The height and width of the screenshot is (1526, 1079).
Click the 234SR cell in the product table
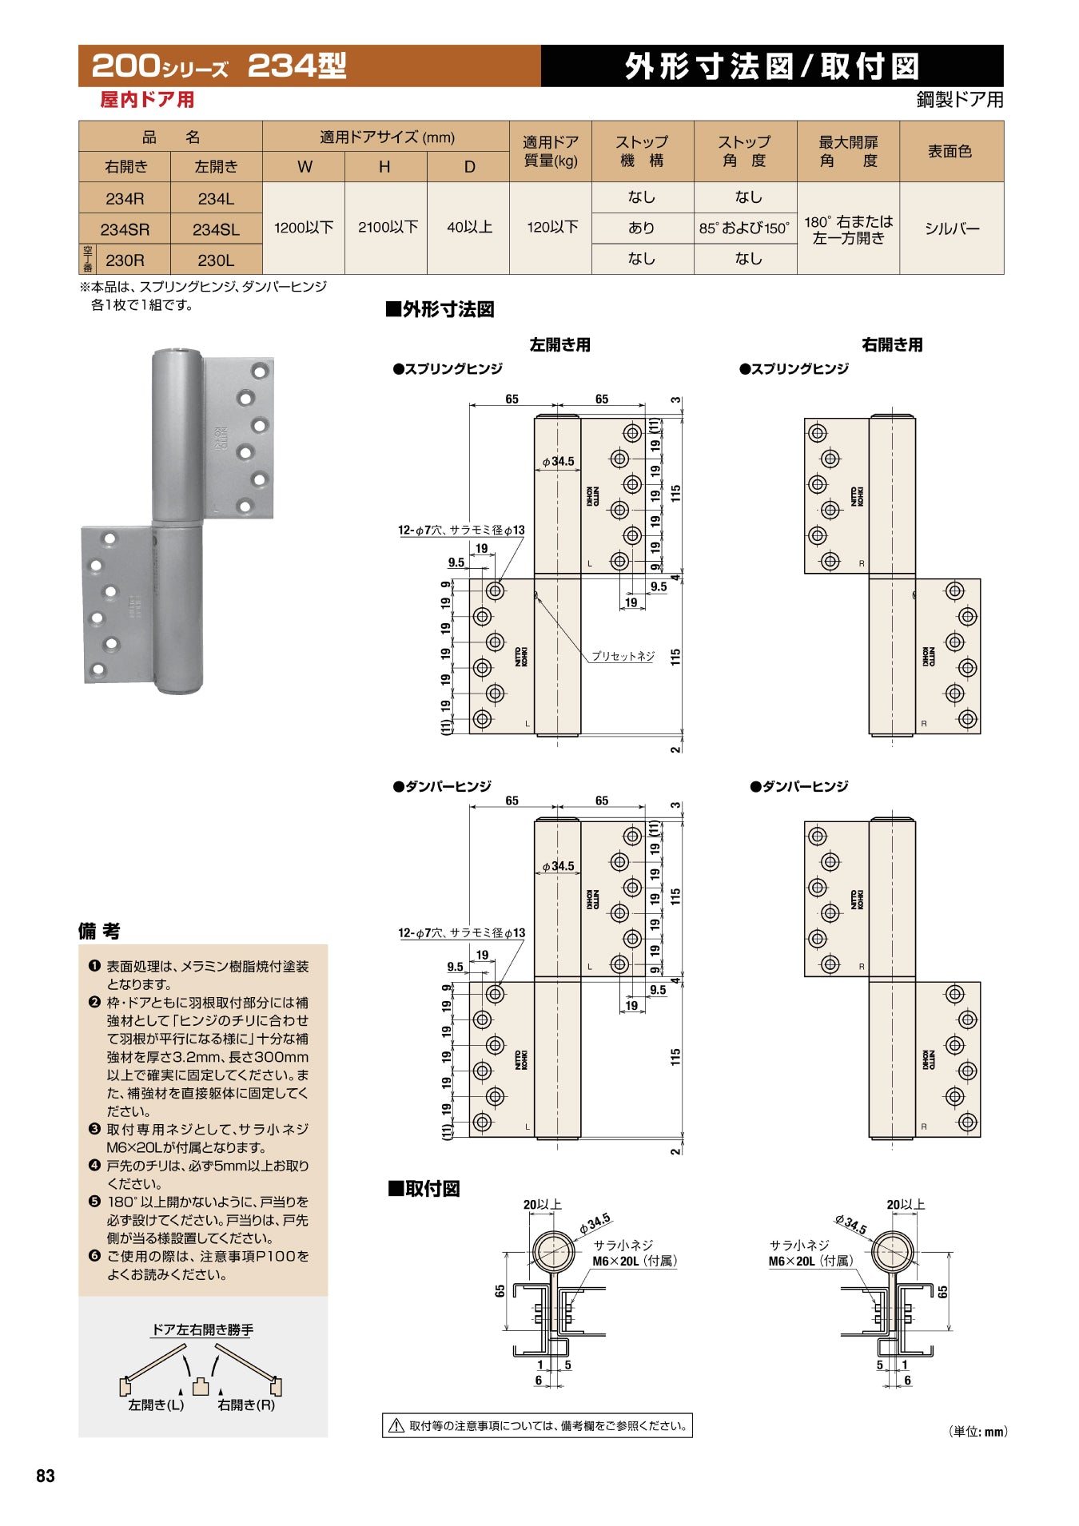125,229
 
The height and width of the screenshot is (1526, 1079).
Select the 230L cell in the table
216,260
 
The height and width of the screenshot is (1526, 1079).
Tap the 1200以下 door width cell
304,228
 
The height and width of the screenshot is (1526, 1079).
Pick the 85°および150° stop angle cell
745,228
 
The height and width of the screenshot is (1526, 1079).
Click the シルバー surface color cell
951,229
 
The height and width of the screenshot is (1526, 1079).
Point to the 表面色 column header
950,151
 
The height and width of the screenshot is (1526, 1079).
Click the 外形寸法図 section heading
440,309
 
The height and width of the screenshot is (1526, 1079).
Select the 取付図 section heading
424,1189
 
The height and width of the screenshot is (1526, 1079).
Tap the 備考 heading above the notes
99,931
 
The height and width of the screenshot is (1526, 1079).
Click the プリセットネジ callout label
623,656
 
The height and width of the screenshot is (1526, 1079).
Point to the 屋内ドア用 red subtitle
147,100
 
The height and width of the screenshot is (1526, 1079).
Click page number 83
46,1476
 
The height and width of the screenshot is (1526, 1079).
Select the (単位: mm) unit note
978,1431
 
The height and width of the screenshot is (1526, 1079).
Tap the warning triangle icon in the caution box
396,1425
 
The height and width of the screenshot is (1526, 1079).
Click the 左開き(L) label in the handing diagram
156,1405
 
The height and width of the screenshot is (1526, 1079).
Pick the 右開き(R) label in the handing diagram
246,1405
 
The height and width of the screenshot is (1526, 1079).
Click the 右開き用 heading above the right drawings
892,345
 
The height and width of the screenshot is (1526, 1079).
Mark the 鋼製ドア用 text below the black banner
960,100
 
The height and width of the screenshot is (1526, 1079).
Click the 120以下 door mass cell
552,228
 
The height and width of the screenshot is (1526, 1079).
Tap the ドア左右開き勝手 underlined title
202,1329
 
